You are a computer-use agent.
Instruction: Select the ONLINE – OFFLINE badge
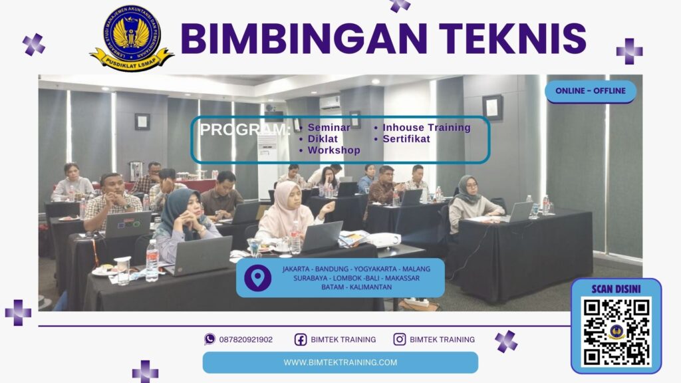590,91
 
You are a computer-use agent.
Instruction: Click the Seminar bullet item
329,128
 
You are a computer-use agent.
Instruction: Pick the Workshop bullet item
334,150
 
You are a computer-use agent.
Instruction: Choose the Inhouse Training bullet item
426,128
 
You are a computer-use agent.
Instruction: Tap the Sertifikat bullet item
406,139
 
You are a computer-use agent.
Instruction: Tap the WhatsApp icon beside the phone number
209,339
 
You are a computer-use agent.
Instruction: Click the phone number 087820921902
246,339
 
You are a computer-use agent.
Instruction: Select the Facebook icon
301,339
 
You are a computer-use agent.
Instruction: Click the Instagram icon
400,339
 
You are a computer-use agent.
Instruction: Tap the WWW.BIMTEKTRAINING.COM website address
340,362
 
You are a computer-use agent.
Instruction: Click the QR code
616,332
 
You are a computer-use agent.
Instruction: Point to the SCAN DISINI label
616,289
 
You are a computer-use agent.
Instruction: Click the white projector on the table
384,239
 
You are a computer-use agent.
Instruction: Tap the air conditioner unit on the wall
330,102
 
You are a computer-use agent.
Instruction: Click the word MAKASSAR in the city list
400,278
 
